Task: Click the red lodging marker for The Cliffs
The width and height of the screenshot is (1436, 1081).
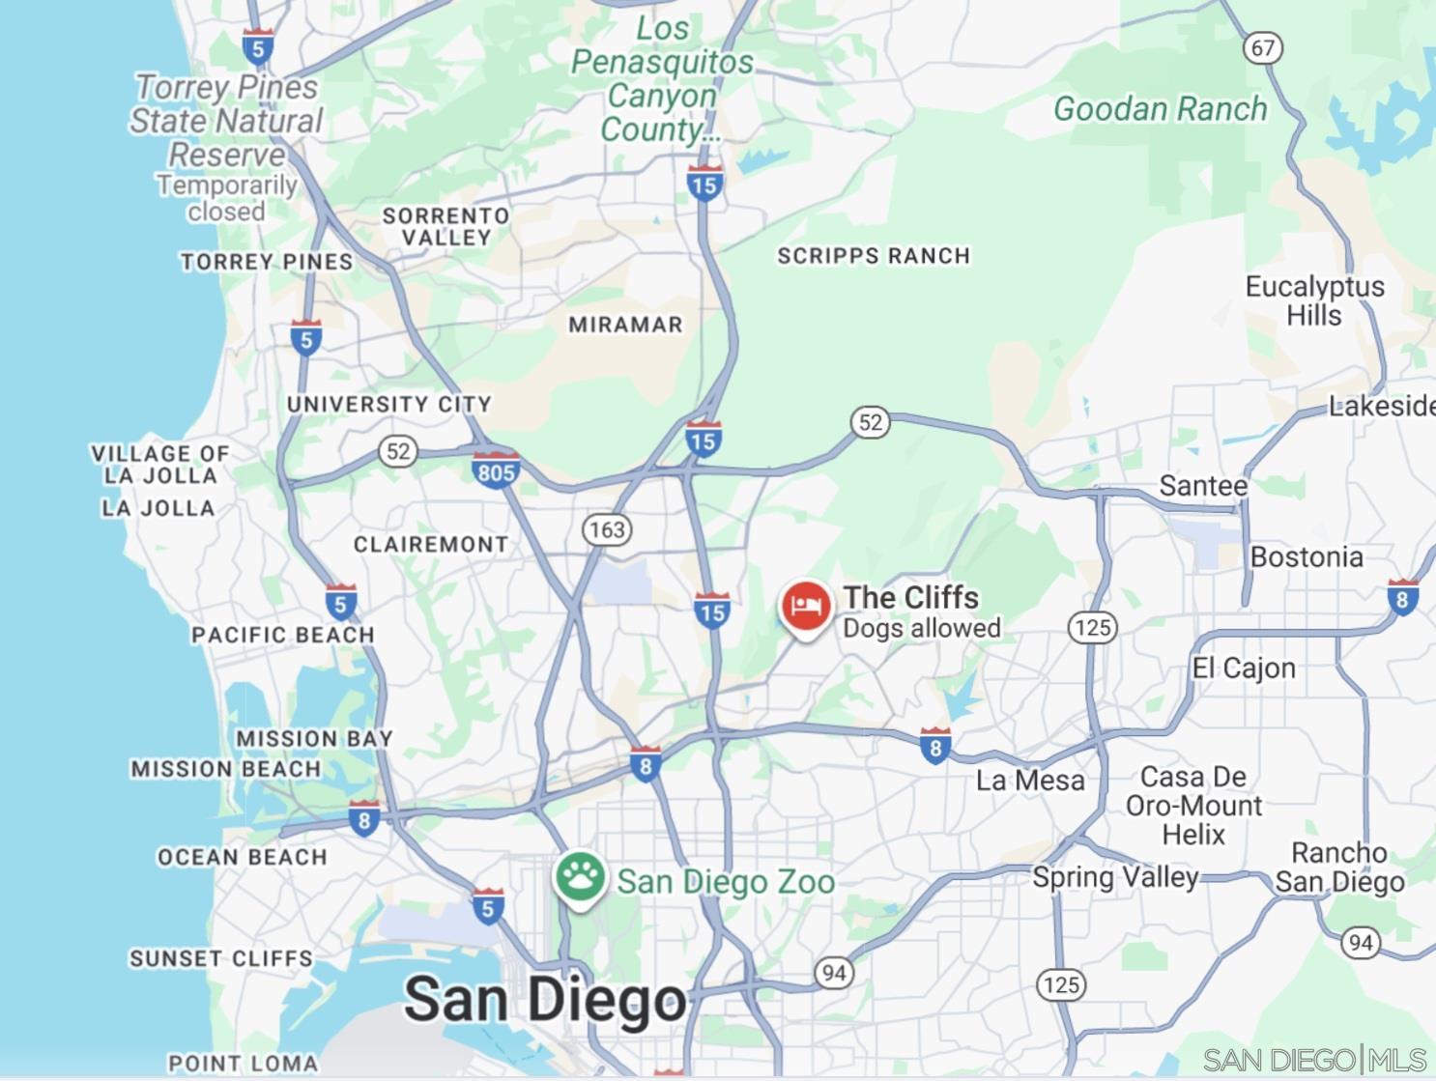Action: [805, 607]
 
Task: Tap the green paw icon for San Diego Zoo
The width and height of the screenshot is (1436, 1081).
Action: [580, 877]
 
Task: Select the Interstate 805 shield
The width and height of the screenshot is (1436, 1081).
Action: [496, 470]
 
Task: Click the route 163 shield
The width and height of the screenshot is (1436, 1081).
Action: [607, 529]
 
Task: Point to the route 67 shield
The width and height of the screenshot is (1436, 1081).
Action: [1262, 47]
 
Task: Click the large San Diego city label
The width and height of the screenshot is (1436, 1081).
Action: [545, 1000]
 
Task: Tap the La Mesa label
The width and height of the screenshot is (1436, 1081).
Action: [1030, 781]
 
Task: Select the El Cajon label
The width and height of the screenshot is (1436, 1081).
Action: [1244, 668]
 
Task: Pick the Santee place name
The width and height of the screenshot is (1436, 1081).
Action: [1203, 485]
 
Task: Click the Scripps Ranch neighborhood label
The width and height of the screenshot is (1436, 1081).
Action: [874, 256]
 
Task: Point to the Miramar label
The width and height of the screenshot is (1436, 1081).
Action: [625, 325]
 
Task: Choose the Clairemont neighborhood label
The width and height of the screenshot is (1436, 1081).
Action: [431, 545]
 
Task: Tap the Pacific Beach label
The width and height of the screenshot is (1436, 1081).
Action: [282, 635]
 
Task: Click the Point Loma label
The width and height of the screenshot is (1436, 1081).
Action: [244, 1063]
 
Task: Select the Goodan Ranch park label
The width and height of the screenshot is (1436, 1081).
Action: [1160, 109]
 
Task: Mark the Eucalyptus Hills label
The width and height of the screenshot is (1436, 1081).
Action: [1314, 300]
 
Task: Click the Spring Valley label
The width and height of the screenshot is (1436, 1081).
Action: [1115, 877]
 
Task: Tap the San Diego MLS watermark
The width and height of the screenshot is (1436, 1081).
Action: [1314, 1060]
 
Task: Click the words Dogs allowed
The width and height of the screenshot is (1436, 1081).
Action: [921, 628]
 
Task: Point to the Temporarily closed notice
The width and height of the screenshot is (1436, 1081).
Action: [227, 198]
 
